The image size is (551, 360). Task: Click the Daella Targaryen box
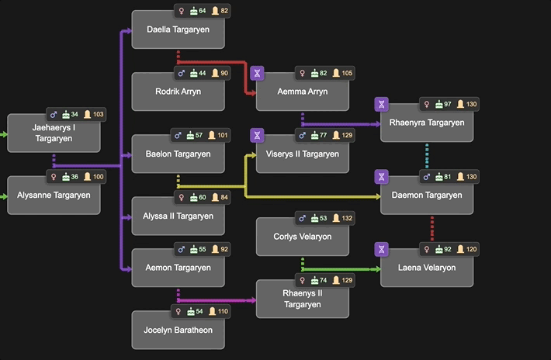tap(178, 29)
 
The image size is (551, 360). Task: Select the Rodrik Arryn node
tap(178, 92)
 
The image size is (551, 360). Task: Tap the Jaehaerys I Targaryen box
tap(54, 133)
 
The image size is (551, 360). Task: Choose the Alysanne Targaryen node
tap(54, 196)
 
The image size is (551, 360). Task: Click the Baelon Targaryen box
tap(178, 154)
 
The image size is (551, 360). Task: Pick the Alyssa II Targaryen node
tap(178, 216)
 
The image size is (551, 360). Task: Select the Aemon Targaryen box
tap(178, 268)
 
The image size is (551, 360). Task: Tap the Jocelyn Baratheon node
tap(178, 330)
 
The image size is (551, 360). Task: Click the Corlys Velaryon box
tap(303, 237)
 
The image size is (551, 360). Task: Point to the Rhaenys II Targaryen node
tap(303, 299)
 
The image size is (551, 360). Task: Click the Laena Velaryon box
tap(427, 268)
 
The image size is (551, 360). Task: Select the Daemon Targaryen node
tap(427, 196)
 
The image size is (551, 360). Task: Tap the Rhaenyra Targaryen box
tap(427, 123)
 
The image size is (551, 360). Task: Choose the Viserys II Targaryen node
tap(303, 154)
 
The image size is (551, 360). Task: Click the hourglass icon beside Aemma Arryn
tap(258, 74)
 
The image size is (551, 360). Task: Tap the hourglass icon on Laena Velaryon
tap(381, 250)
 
